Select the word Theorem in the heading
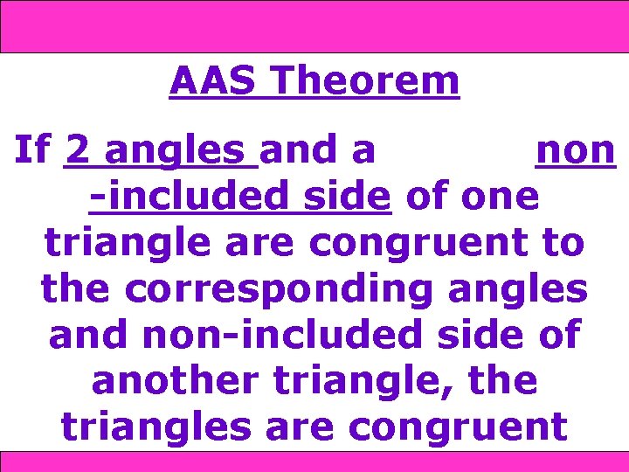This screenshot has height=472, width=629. coord(364,81)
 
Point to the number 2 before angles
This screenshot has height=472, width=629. coord(76,151)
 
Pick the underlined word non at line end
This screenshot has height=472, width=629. coord(576,151)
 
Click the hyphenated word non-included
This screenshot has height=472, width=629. coord(255,335)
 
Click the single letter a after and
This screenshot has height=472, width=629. coord(363,151)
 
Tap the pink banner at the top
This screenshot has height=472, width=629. coord(314,26)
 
